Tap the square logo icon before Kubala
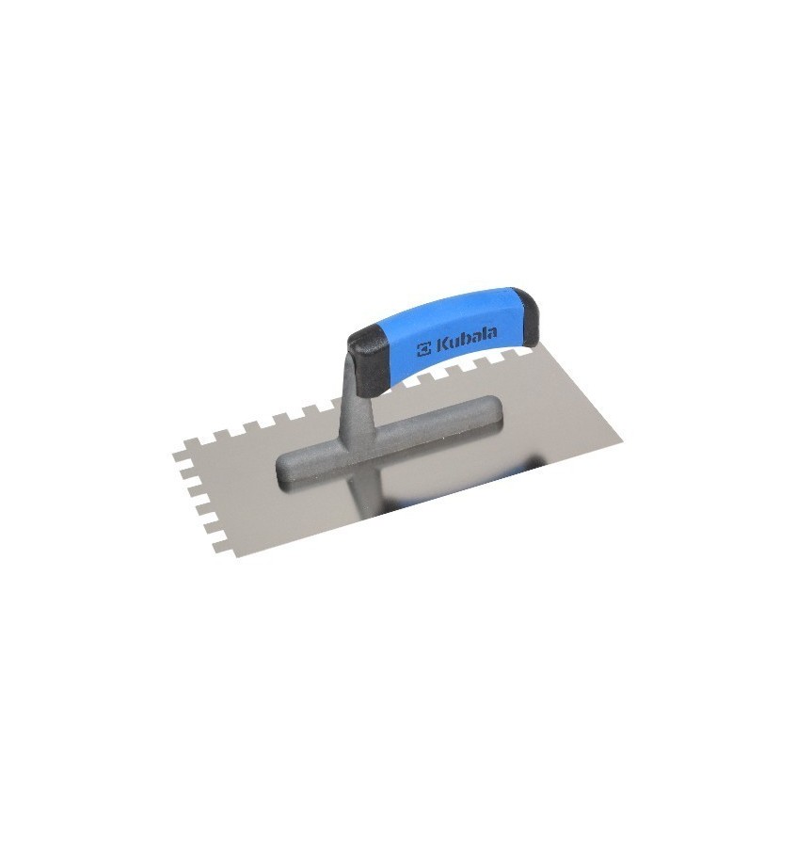point(424,351)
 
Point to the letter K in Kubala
point(441,346)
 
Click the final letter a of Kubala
point(491,336)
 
